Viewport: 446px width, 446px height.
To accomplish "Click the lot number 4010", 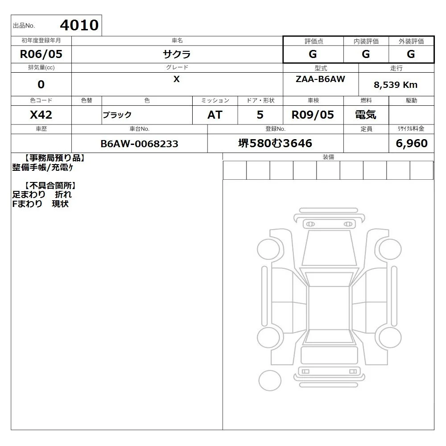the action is pos(79,25).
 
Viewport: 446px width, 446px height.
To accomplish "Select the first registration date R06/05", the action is pos(41,54).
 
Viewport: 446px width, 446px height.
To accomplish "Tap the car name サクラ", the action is pos(177,54).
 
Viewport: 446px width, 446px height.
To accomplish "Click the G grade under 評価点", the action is pos(313,54).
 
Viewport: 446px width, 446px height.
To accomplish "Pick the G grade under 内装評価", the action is pos(366,54).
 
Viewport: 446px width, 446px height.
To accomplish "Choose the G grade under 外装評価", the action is pos(411,54).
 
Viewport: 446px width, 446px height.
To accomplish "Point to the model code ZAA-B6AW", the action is pos(320,79).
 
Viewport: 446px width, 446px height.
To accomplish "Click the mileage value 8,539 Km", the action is pos(395,85).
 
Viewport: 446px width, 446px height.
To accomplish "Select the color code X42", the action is pos(41,115).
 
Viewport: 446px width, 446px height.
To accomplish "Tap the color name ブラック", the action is pos(117,115).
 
